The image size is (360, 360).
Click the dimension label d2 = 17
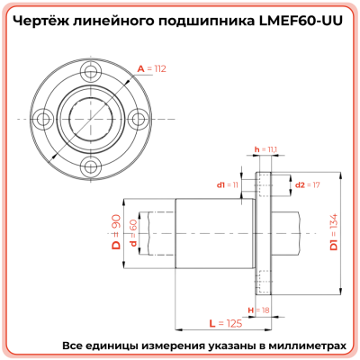[308, 184]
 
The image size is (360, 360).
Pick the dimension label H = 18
[263, 310]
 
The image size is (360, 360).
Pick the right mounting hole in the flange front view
[134, 118]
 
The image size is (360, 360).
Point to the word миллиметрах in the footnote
[303, 346]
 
